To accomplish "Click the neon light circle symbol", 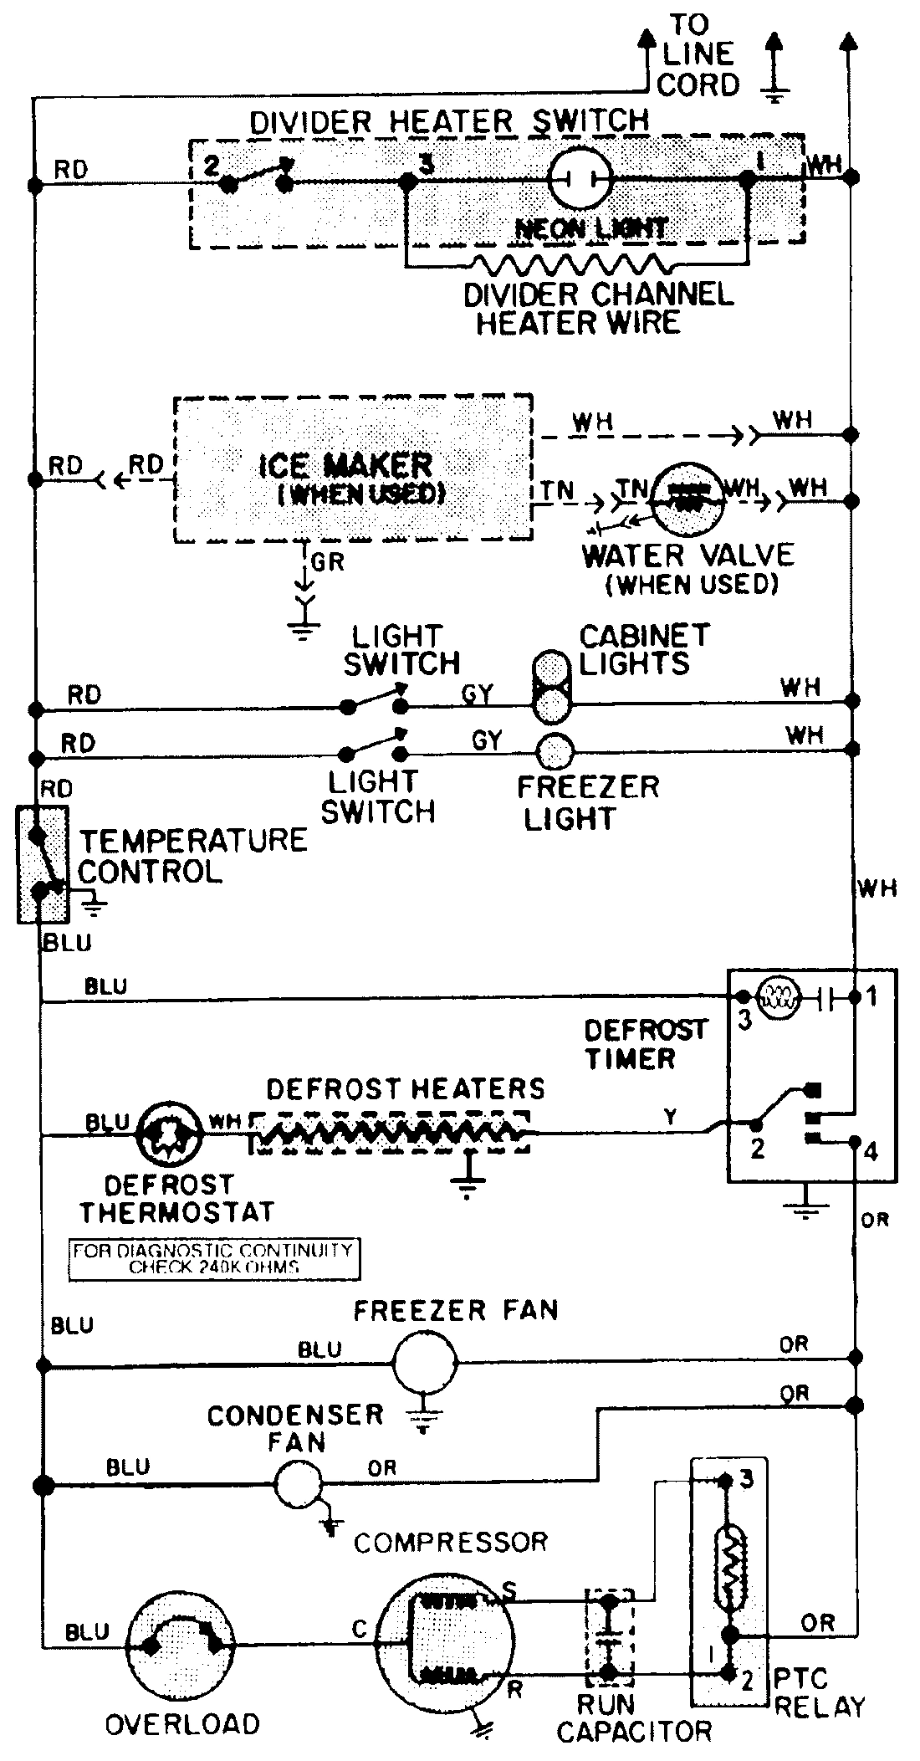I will tap(580, 177).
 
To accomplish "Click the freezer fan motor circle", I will tap(425, 1363).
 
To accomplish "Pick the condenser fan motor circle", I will tap(299, 1485).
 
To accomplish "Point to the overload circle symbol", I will tap(181, 1644).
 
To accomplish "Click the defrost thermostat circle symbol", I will tap(170, 1134).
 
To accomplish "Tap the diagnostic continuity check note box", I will tap(214, 1258).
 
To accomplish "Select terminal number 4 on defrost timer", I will tap(871, 1151).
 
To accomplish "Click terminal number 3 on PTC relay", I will tap(747, 1480).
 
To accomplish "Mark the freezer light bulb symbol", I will tap(554, 750).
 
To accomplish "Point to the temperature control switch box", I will tap(42, 864).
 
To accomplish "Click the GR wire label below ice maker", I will tap(327, 561).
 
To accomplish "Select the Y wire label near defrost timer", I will tap(670, 1116).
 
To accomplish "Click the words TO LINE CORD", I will tap(698, 54).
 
